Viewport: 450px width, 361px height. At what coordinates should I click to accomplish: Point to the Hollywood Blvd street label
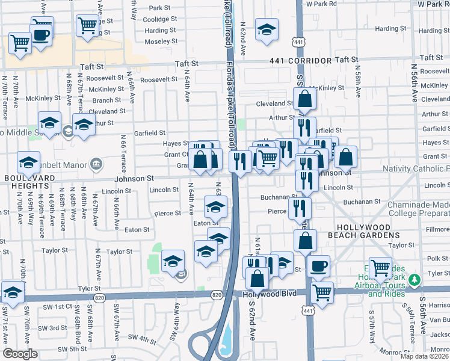[270, 293]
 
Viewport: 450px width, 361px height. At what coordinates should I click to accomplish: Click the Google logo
[20, 353]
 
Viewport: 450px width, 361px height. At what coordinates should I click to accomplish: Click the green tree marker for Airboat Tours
[414, 280]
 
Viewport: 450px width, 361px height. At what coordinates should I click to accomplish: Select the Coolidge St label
[160, 19]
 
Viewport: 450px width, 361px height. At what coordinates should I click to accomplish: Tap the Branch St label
[106, 100]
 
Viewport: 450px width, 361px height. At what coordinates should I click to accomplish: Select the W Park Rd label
[321, 4]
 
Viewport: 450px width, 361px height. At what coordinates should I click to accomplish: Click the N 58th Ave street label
[357, 84]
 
